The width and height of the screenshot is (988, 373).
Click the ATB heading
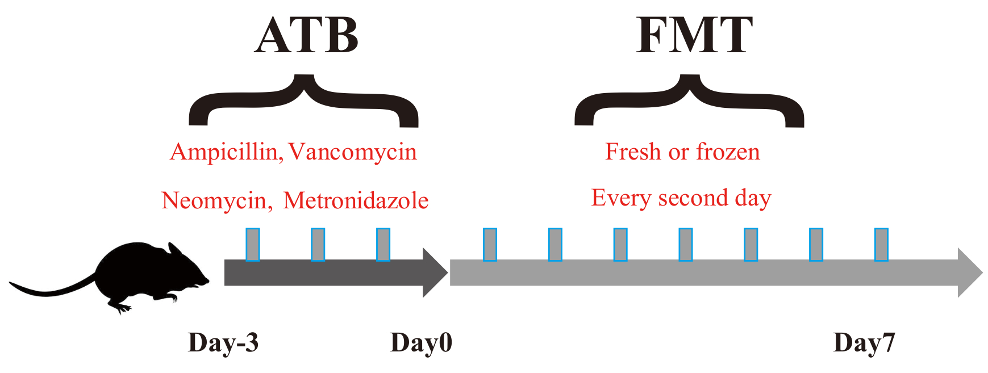pyautogui.click(x=306, y=35)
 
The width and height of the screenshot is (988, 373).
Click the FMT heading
pyautogui.click(x=694, y=35)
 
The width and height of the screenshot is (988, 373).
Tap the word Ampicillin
pyautogui.click(x=225, y=152)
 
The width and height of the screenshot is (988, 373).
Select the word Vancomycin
pyautogui.click(x=353, y=152)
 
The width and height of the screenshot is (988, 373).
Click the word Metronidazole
pyautogui.click(x=356, y=201)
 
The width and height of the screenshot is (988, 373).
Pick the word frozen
pyautogui.click(x=728, y=152)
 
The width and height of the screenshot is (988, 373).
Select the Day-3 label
pyautogui.click(x=223, y=343)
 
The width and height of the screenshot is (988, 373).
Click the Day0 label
pyautogui.click(x=421, y=343)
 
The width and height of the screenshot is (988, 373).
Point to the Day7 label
pyautogui.click(x=864, y=343)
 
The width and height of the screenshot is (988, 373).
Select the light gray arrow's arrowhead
pyautogui.click(x=969, y=273)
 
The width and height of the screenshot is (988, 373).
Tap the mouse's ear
pyautogui.click(x=173, y=250)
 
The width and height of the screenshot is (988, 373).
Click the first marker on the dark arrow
pyautogui.click(x=253, y=244)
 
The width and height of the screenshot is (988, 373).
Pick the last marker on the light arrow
pyautogui.click(x=881, y=244)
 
